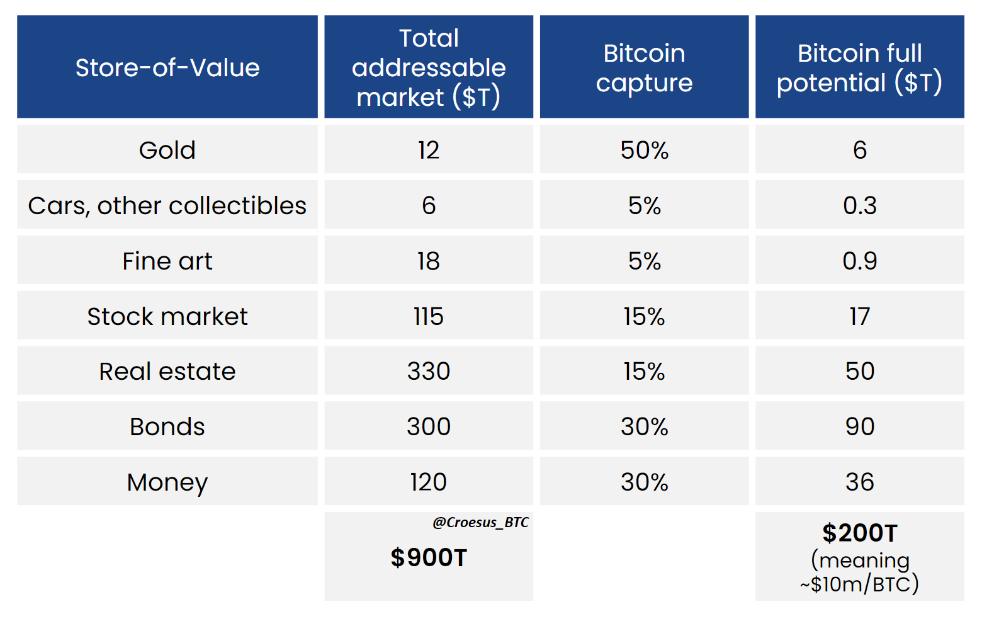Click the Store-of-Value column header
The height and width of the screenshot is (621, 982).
point(167,67)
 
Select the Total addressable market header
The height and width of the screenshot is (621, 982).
point(429,67)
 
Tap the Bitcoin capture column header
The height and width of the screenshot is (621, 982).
point(644,67)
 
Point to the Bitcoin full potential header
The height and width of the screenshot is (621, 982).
point(859,67)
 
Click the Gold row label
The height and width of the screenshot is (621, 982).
point(167,150)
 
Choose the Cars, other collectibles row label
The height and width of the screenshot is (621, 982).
point(167,205)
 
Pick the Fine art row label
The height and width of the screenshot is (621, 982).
point(167,261)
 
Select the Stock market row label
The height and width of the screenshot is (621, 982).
point(167,316)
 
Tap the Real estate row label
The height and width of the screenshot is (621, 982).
point(167,371)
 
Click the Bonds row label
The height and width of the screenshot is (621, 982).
point(167,426)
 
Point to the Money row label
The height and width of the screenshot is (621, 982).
point(167,482)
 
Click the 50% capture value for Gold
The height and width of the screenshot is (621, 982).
point(644,150)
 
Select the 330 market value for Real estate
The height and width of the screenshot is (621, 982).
point(429,371)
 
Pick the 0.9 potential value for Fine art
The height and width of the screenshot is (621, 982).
point(859,261)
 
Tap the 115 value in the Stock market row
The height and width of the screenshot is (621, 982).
point(429,316)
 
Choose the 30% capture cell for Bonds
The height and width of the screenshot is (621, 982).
point(644,426)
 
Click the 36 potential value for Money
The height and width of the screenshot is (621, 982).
point(859,482)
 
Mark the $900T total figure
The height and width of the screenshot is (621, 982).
point(429,557)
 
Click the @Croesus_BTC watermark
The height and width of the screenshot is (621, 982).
point(480,522)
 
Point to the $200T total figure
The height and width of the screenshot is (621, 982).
point(859,533)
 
